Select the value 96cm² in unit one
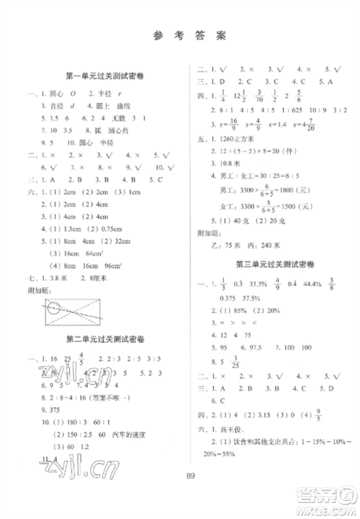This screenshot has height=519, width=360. (x=103, y=265)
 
